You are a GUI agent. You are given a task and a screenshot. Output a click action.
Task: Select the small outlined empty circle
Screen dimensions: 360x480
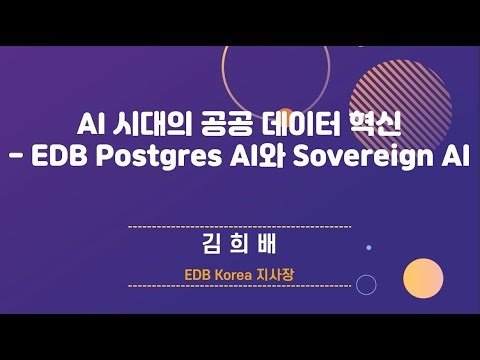[x=366, y=285]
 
